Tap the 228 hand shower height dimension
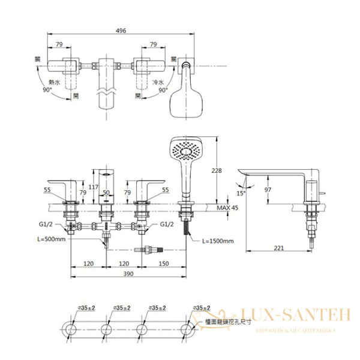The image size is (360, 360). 217,170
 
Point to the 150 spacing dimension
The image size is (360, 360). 164,263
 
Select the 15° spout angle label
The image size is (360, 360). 241,193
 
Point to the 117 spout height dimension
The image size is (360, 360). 93,187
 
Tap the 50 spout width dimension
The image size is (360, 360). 106,193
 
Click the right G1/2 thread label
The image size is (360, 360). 166,224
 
